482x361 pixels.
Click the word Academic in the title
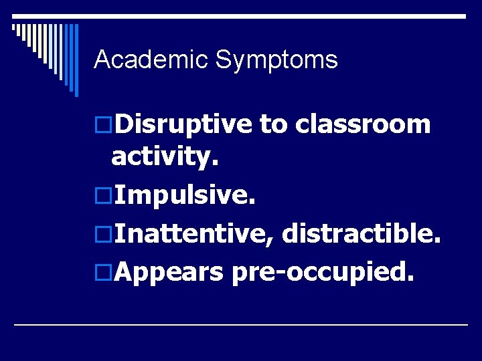pyautogui.click(x=151, y=60)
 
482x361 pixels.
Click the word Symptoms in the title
pyautogui.click(x=276, y=61)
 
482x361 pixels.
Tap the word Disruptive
pyautogui.click(x=183, y=124)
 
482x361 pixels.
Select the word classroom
pyautogui.click(x=362, y=124)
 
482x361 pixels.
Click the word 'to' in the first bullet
pyautogui.click(x=273, y=125)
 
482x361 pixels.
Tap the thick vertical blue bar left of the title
pyautogui.click(x=76, y=60)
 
